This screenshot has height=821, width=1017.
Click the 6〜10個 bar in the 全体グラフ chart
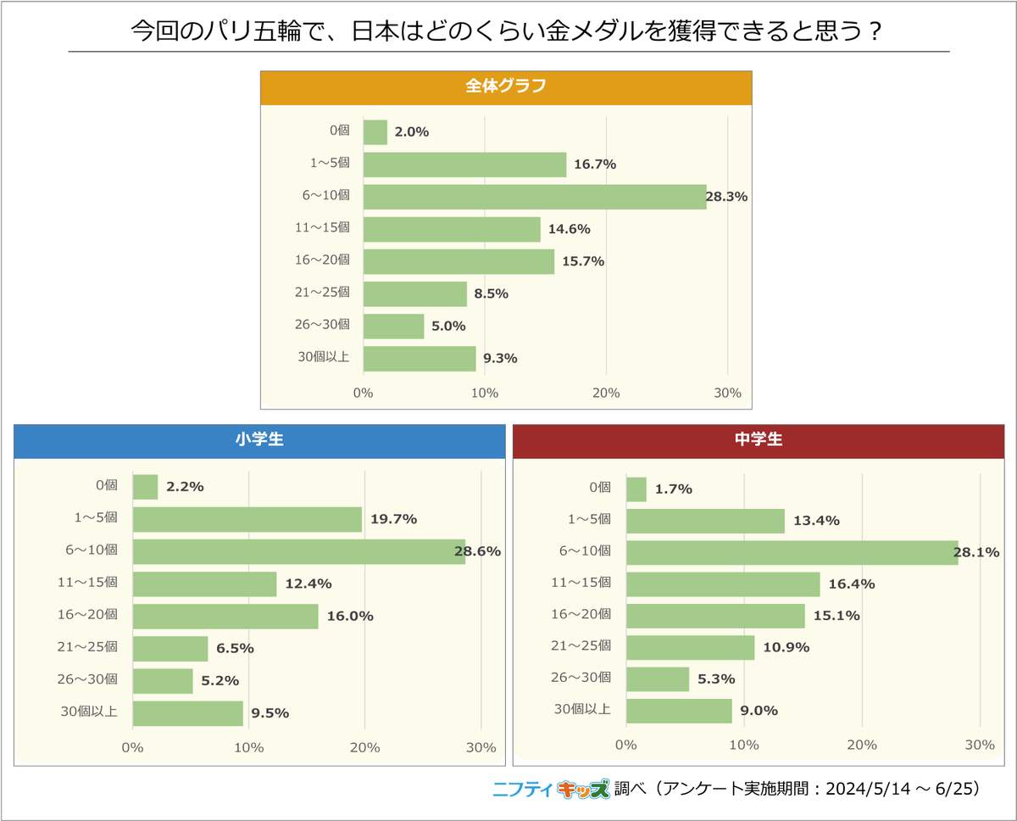coord(534,197)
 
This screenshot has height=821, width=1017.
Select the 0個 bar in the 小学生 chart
coord(145,487)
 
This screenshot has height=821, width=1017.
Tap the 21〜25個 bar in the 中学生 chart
coord(690,647)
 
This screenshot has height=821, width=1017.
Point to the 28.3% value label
coord(726,197)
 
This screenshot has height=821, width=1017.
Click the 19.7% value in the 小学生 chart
coord(393,519)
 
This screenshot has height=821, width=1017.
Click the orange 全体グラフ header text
coord(505,87)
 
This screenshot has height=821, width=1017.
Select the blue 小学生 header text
coord(259,440)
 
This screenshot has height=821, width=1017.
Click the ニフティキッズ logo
coord(551,790)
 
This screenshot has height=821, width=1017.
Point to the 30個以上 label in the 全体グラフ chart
coord(323,357)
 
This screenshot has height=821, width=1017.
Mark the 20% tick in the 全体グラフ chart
coord(606,394)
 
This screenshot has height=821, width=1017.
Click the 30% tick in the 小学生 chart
coord(481,747)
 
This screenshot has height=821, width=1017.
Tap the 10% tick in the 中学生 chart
coord(743,745)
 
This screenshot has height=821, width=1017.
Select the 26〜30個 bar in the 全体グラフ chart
coord(393,326)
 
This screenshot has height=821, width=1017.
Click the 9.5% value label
coord(270,713)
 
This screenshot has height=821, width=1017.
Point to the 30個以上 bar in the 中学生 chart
coord(679,711)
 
